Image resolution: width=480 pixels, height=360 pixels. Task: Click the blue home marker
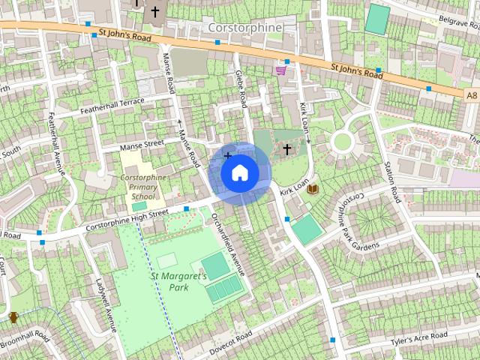point(240,173)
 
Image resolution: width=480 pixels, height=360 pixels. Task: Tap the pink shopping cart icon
point(280,70)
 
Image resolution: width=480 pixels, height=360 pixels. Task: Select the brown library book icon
point(313,188)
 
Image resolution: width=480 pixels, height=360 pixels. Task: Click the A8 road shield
point(471,95)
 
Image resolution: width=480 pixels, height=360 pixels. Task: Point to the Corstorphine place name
point(244,28)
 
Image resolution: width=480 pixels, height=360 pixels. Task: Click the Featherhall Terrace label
point(111,106)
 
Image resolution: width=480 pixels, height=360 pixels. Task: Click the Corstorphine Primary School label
point(142,187)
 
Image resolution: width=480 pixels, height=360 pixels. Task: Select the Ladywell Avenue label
point(102,307)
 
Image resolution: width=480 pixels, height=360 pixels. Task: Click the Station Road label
point(392,178)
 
